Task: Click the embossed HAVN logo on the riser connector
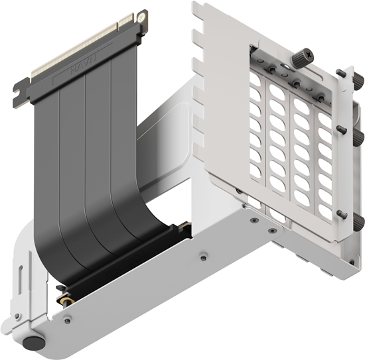pyautogui.click(x=85, y=66)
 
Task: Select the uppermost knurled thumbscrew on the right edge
pyautogui.click(x=342, y=74)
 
